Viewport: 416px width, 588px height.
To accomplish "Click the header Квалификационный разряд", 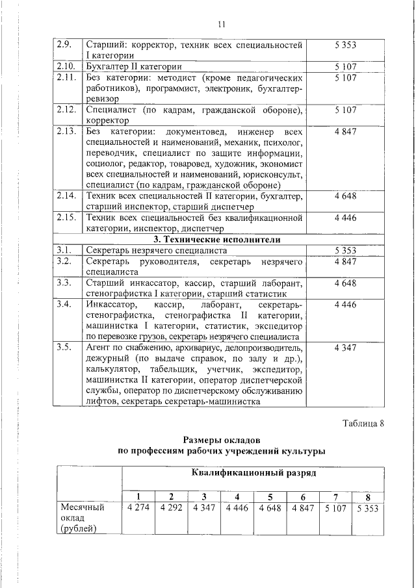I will (253, 472).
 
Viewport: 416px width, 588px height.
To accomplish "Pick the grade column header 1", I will (137, 498).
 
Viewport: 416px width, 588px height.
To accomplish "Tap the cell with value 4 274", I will (138, 508).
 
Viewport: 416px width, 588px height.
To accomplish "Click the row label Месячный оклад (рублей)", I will (83, 518).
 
